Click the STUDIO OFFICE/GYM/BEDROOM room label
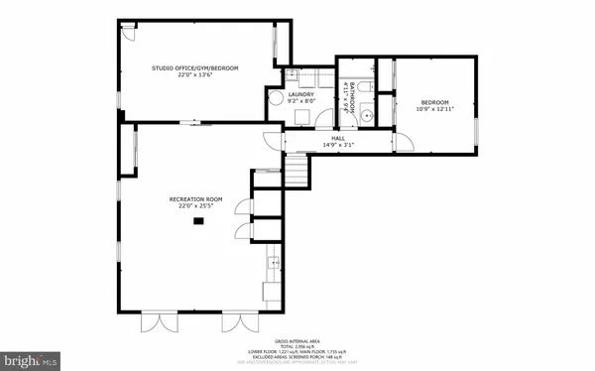pyautogui.click(x=195, y=67)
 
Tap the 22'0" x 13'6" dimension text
pyautogui.click(x=195, y=74)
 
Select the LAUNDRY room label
pyautogui.click(x=301, y=94)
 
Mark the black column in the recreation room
pyautogui.click(x=197, y=220)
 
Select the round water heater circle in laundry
pyautogui.click(x=275, y=98)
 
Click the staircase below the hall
pyautogui.click(x=297, y=173)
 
